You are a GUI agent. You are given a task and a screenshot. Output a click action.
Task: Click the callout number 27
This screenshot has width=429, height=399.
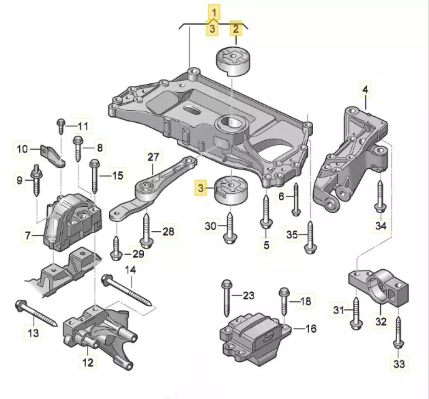pos(154,156)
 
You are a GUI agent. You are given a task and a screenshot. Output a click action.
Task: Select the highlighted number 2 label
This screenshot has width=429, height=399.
pos(236,29)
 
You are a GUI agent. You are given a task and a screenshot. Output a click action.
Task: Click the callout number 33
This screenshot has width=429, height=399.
pos(399,363)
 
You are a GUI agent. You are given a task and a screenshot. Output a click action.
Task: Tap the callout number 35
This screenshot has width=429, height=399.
pos(293,235)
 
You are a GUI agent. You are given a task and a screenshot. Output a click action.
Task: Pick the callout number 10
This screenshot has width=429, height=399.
pos(23,149)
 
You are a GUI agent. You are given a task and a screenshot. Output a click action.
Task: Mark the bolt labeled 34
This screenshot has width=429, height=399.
pos(380,198)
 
